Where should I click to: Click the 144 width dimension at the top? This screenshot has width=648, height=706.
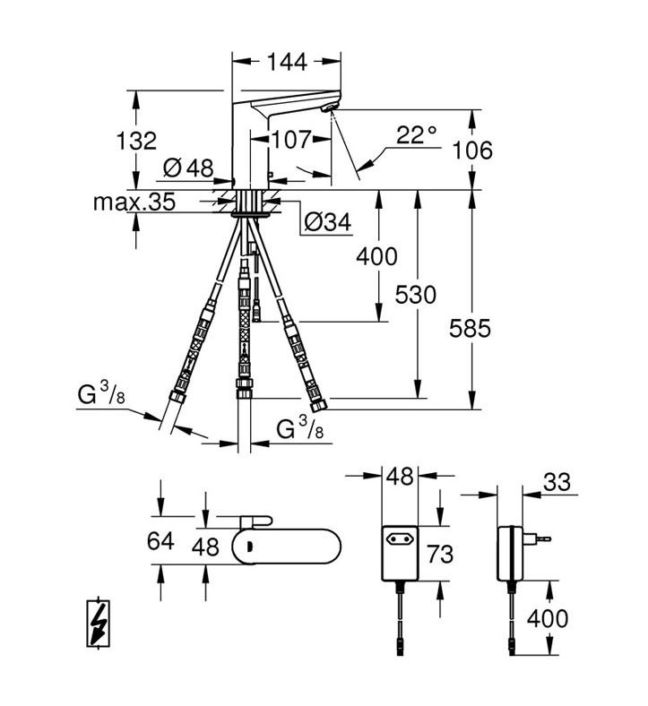(287, 61)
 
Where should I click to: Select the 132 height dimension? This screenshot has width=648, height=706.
(136, 141)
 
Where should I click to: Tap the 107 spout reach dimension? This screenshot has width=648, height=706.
(292, 140)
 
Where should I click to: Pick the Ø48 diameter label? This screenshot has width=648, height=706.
(189, 168)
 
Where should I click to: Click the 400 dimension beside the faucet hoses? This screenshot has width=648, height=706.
(376, 256)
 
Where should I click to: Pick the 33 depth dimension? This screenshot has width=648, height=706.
(557, 482)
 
